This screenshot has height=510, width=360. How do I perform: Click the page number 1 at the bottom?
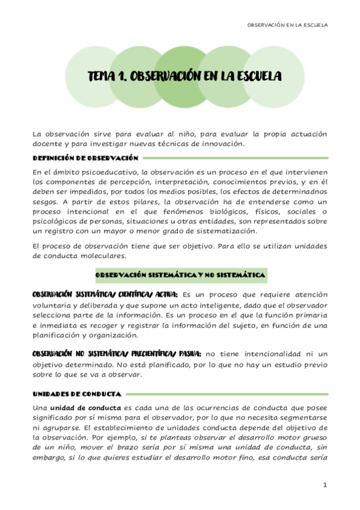[325, 485]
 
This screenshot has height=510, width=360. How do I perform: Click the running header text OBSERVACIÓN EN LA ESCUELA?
[287, 25]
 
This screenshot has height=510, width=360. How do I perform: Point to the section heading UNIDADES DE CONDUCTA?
[78, 394]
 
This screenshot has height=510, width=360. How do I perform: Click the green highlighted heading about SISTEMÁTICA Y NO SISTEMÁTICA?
[180, 275]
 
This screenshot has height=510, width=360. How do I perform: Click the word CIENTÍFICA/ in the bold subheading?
[131, 295]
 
